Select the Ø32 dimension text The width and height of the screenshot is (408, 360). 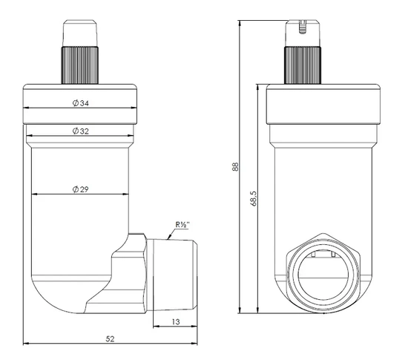(x=81, y=131)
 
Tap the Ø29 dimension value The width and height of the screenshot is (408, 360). (x=81, y=190)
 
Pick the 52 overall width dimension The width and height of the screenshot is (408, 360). (x=110, y=338)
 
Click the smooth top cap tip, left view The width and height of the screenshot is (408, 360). (x=81, y=33)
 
